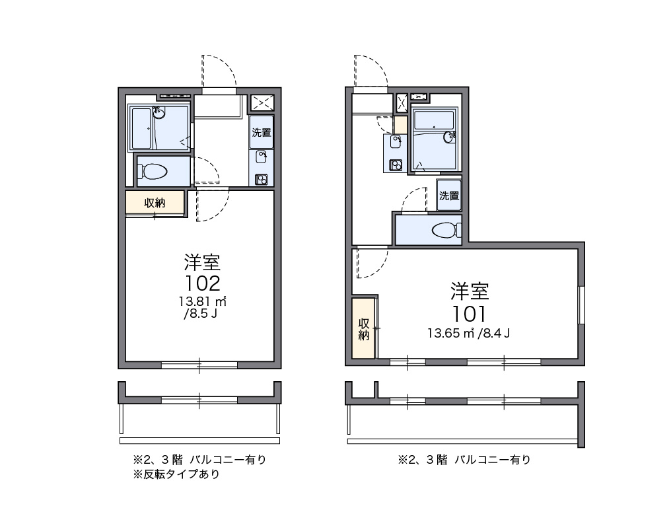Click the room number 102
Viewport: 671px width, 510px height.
click(x=202, y=283)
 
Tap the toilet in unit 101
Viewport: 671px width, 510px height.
click(x=443, y=231)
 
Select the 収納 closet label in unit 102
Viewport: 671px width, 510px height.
click(x=155, y=203)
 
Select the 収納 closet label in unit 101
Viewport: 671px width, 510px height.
click(x=363, y=329)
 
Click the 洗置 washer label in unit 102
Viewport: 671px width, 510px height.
click(x=262, y=131)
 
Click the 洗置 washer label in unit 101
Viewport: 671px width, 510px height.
click(x=449, y=195)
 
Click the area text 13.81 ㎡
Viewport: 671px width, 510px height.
click(x=202, y=302)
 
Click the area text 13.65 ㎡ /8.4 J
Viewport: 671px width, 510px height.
click(x=469, y=333)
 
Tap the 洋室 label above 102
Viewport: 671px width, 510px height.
click(x=202, y=262)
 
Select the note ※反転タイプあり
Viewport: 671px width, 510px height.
click(x=176, y=474)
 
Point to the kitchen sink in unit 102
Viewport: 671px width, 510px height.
click(x=262, y=157)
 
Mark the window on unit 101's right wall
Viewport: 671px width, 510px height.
click(x=581, y=305)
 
